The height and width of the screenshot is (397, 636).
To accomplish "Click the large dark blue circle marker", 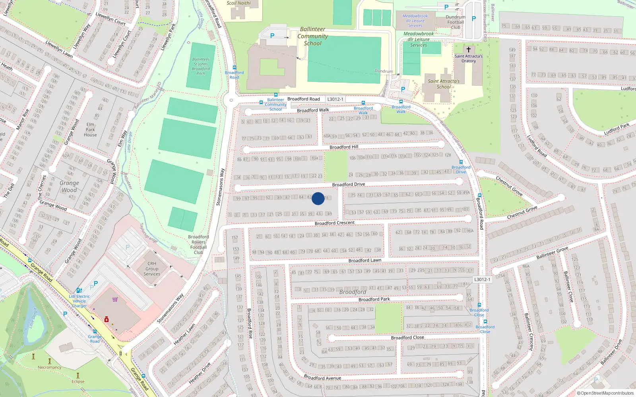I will click(318, 198).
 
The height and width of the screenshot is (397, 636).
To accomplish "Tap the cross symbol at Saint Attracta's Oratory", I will click(468, 50).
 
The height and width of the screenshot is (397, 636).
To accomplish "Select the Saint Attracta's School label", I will click(444, 84).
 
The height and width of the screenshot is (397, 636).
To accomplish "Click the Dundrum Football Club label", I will click(456, 22).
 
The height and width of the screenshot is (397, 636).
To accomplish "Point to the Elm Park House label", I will click(90, 129).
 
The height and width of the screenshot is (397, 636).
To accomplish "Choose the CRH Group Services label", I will click(152, 269).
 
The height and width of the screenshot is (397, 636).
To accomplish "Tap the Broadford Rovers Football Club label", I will click(198, 245).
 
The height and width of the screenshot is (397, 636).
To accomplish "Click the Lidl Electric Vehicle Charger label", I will click(79, 301).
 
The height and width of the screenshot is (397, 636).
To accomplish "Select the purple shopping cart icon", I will click(115, 299).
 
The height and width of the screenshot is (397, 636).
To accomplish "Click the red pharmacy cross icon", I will click(107, 319).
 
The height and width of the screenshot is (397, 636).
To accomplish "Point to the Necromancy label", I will click(50, 367).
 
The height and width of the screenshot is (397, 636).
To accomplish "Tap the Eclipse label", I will click(78, 382).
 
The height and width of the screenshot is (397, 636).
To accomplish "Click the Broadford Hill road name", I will click(344, 147).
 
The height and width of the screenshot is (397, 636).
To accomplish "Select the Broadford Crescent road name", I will click(335, 223).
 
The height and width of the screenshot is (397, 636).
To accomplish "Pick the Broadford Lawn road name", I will click(365, 260).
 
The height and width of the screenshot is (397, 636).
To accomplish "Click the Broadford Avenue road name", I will click(322, 378).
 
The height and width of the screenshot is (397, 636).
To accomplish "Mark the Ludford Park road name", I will click(617, 129).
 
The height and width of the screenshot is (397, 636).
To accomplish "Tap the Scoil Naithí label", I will click(238, 3).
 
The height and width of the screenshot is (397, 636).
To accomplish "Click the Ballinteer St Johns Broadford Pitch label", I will click(201, 66).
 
